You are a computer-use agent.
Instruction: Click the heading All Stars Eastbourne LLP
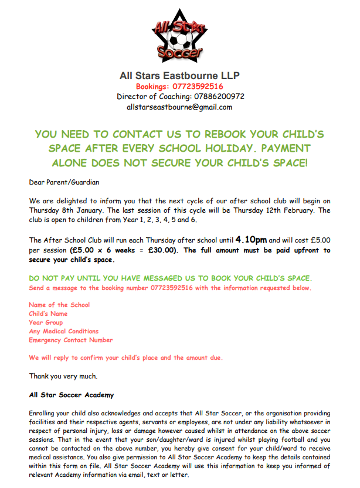pyautogui.click(x=179, y=76)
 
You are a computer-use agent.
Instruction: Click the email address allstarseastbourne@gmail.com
pyautogui.click(x=179, y=107)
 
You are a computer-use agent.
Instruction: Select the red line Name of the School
pyautogui.click(x=59, y=305)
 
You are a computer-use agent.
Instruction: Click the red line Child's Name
pyautogui.click(x=48, y=313)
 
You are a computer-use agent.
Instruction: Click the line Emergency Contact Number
pyautogui.click(x=70, y=340)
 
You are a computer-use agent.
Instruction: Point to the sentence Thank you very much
pyautogui.click(x=63, y=376)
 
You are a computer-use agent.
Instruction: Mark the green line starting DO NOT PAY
pyautogui.click(x=170, y=278)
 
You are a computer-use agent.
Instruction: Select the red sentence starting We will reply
pyautogui.click(x=126, y=357)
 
